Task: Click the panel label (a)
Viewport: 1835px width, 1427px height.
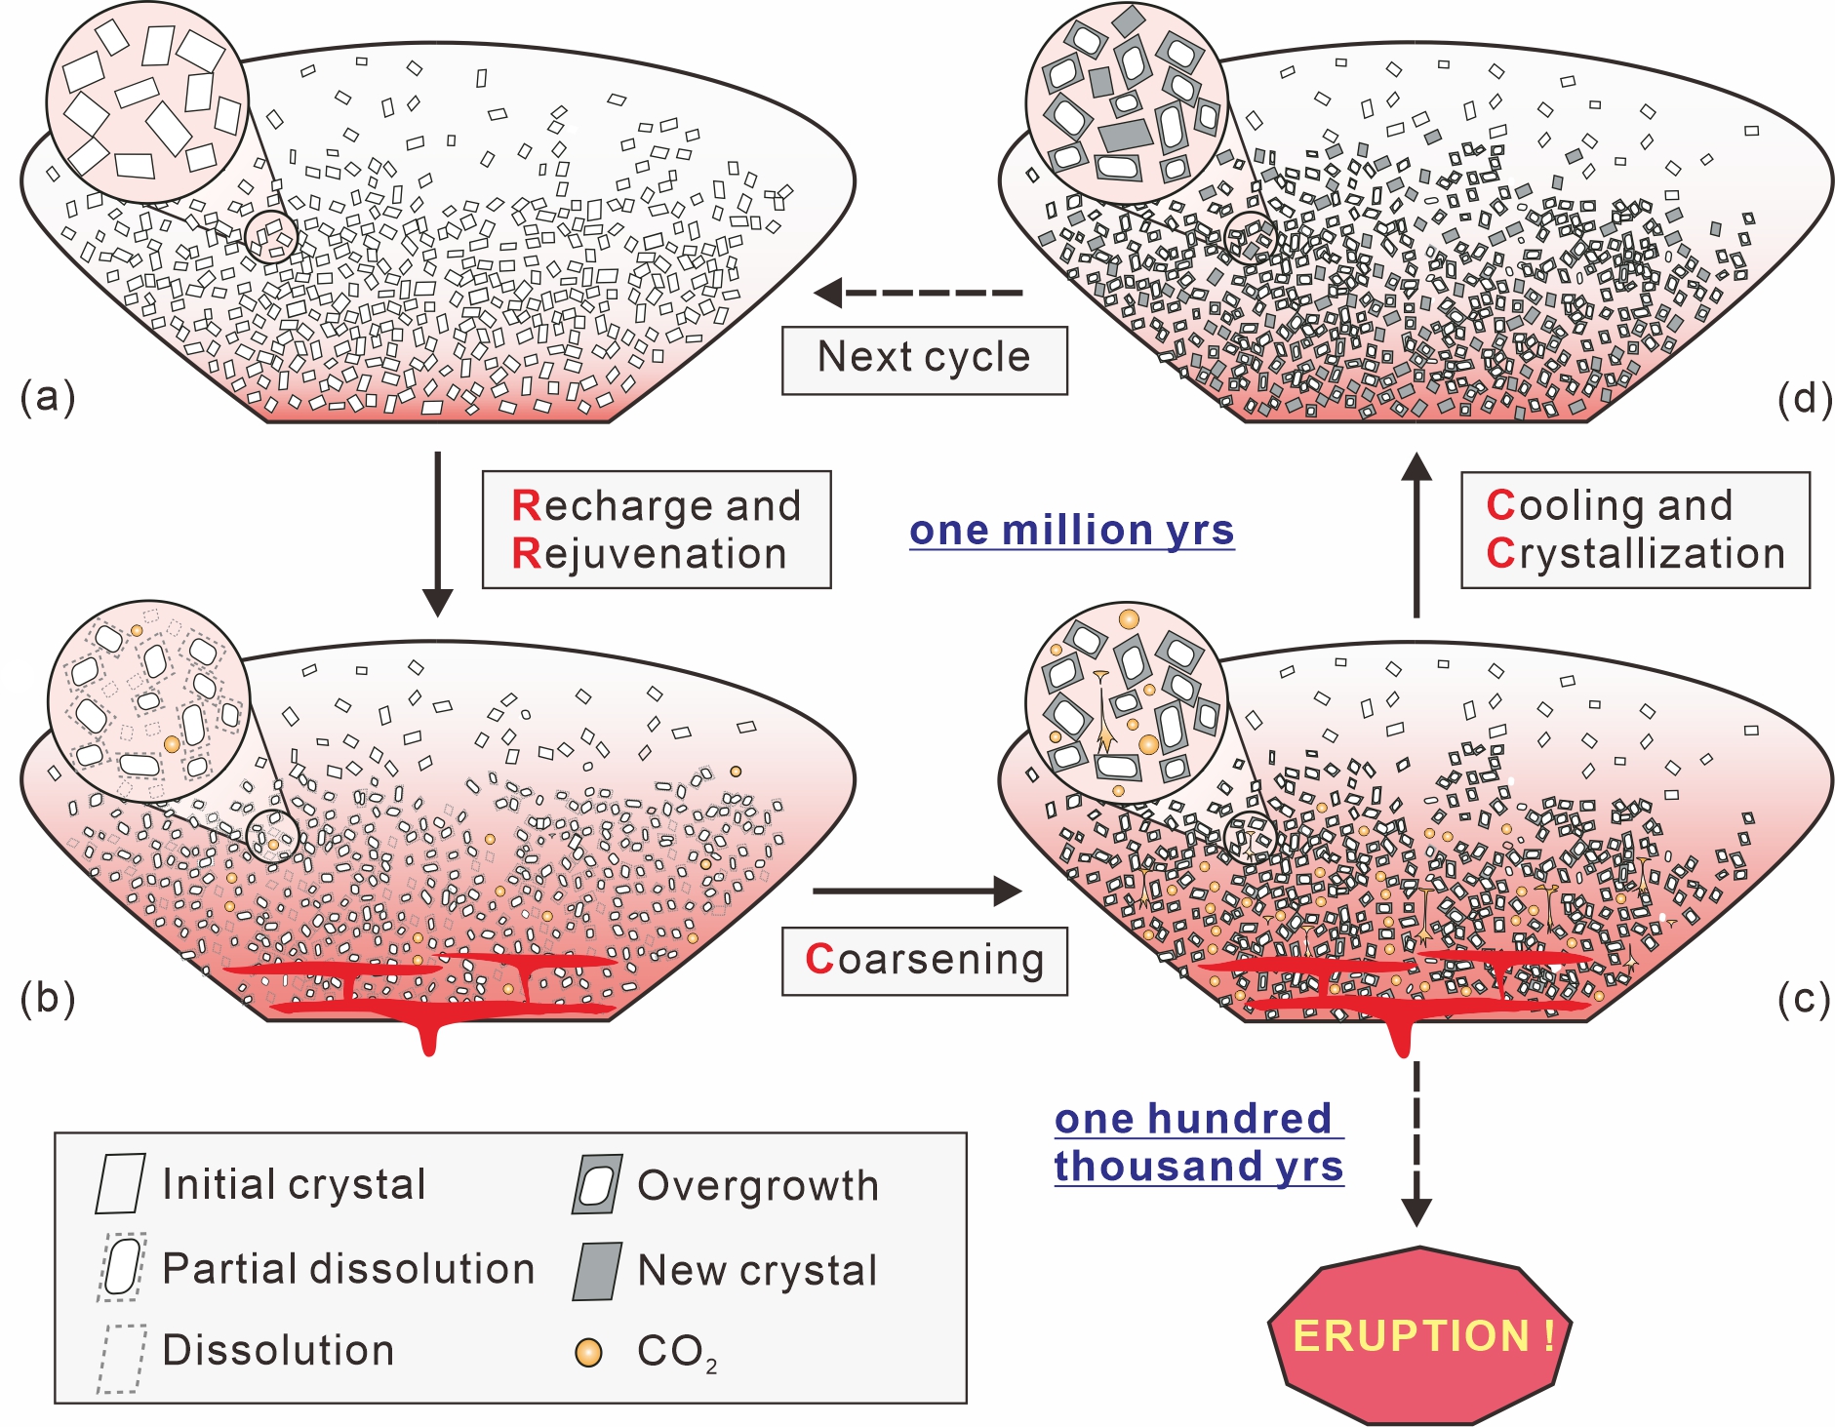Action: (x=47, y=398)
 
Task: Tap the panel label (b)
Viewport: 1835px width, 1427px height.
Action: (x=47, y=999)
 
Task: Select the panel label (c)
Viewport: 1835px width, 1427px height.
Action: (x=1803, y=999)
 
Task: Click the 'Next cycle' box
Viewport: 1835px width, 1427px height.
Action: (x=924, y=360)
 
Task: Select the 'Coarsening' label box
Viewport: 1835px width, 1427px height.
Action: (x=924, y=961)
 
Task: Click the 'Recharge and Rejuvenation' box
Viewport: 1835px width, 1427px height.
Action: (x=656, y=530)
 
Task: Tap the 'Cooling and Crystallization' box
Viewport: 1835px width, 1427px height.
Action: (x=1634, y=530)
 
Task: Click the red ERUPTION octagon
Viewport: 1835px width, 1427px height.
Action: (x=1419, y=1334)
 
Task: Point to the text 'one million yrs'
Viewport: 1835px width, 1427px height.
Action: (x=1071, y=531)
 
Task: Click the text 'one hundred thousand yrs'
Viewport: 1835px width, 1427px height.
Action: (x=1198, y=1142)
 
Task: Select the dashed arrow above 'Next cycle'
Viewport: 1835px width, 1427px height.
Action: (x=919, y=292)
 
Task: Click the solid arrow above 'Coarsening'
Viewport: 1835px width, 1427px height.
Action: (x=917, y=891)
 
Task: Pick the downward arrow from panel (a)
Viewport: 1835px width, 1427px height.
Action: (x=438, y=533)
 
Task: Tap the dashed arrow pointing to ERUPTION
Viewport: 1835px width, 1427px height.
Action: (x=1416, y=1141)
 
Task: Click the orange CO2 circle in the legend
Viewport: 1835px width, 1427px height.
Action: (x=588, y=1353)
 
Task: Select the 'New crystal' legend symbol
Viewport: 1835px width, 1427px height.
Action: (x=597, y=1271)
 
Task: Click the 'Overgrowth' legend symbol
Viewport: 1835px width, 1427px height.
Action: (x=597, y=1185)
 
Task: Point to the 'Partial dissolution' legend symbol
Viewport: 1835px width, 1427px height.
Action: (x=122, y=1267)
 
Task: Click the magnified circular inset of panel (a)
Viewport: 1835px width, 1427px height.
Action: (x=147, y=102)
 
